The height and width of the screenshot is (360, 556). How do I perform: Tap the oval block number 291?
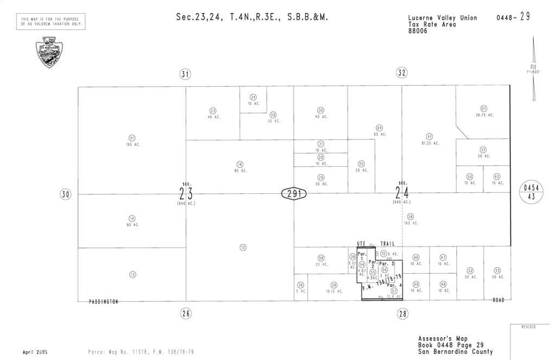click(294, 193)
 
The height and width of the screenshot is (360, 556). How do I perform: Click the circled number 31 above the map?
click(186, 74)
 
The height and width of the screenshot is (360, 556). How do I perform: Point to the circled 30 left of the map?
click(66, 194)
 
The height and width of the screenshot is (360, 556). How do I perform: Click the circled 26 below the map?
click(186, 313)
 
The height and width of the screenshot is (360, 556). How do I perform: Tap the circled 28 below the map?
click(402, 313)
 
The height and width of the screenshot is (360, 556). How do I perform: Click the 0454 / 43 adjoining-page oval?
click(531, 192)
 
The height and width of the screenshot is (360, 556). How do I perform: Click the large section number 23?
click(186, 193)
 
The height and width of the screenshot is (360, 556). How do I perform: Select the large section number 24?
click(402, 193)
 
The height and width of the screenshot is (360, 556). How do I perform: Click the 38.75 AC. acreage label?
click(484, 115)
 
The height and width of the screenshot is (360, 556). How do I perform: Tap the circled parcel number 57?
click(394, 290)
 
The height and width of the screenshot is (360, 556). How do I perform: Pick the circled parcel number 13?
click(132, 275)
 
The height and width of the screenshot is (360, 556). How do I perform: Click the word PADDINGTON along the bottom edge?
click(103, 301)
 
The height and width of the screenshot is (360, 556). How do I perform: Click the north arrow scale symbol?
click(534, 70)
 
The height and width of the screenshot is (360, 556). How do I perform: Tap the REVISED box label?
click(528, 327)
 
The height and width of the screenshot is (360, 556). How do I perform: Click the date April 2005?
click(35, 352)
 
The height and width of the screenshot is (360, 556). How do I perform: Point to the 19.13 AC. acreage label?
click(334, 291)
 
